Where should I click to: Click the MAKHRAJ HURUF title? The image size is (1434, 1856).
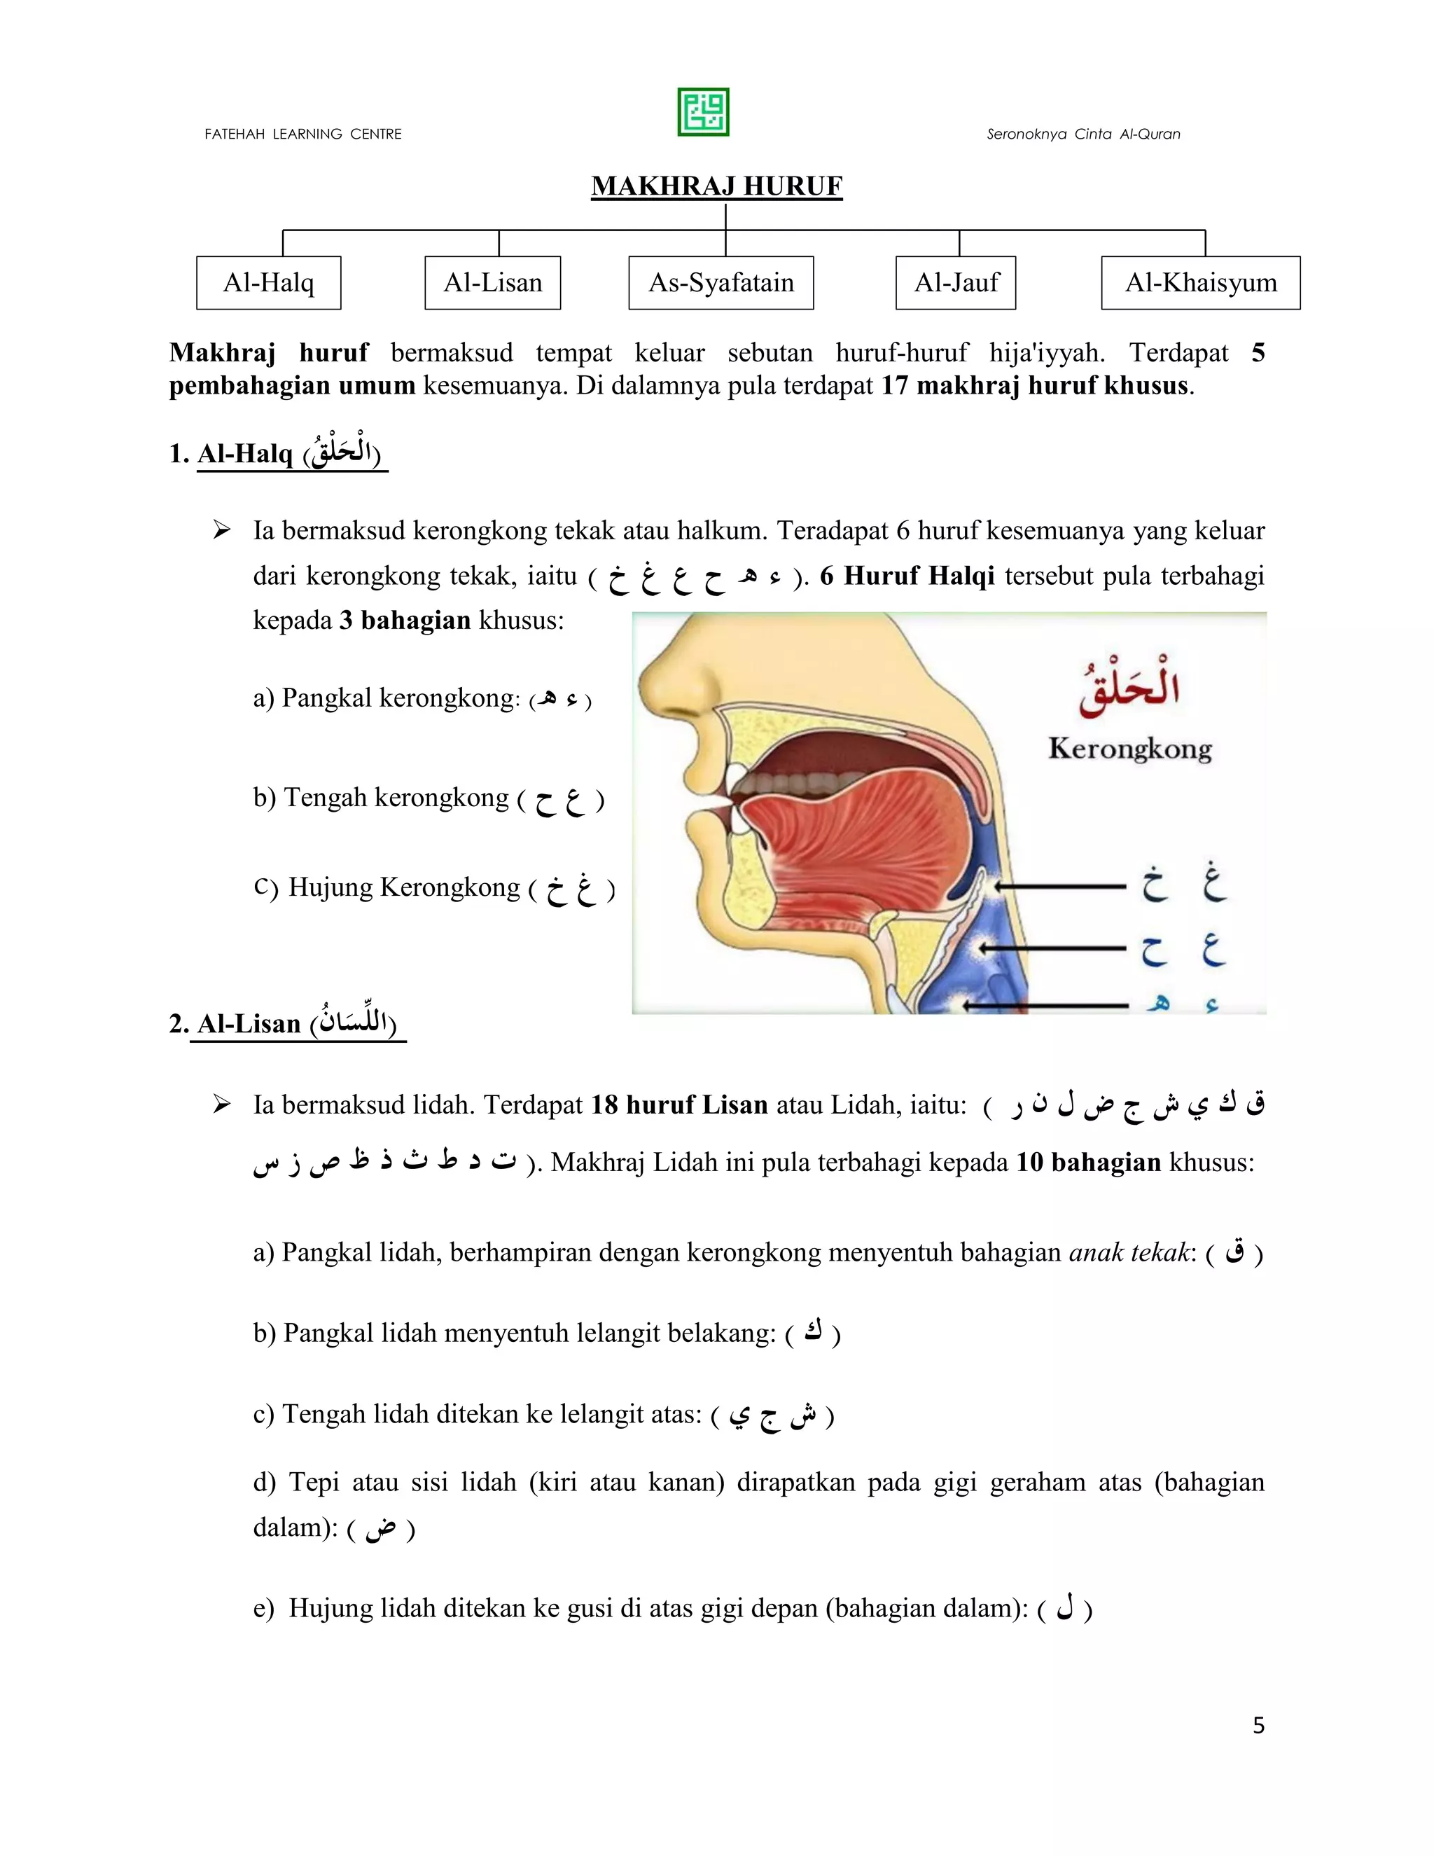716,186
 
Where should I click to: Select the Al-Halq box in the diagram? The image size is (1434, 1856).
268,283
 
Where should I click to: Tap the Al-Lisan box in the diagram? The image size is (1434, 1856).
493,283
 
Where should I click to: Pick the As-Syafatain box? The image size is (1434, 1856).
721,283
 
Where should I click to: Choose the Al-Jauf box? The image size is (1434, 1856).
956,283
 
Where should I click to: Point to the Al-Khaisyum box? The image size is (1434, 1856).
1200,283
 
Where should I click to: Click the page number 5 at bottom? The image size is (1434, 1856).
1258,1725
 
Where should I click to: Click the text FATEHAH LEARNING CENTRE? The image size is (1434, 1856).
303,134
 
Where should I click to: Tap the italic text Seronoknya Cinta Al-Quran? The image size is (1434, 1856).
1083,134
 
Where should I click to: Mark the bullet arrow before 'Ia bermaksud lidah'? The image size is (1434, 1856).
222,1104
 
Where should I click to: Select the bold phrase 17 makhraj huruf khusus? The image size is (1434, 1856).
1035,386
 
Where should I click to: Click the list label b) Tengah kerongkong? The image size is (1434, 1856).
381,797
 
